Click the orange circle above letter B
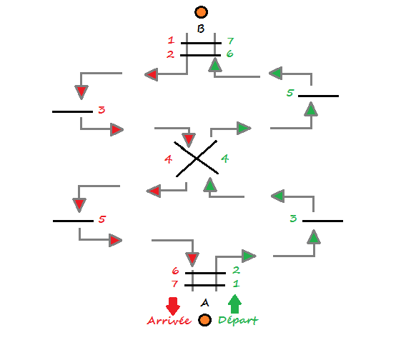[x=202, y=12]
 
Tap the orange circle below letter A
[x=204, y=320]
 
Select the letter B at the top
[x=201, y=29]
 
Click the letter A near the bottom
[x=204, y=303]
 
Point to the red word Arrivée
[x=169, y=321]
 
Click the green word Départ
[x=238, y=321]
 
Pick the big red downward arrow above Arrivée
[x=173, y=306]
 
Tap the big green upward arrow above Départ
[x=234, y=304]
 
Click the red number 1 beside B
[x=171, y=40]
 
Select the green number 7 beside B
[x=230, y=41]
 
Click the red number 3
[x=102, y=110]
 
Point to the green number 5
[x=290, y=93]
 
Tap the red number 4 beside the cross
[x=168, y=159]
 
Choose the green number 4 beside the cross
[x=224, y=159]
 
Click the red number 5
[x=102, y=219]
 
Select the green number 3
[x=293, y=219]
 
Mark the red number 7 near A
[x=174, y=284]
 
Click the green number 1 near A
[x=236, y=284]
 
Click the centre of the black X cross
[x=197, y=159]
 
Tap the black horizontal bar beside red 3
[x=72, y=111]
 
